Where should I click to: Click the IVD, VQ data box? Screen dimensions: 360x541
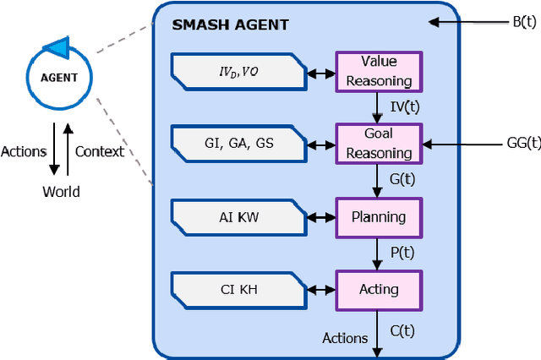click(x=238, y=72)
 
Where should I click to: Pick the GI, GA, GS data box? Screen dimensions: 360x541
click(x=238, y=144)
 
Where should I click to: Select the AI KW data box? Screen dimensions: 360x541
click(x=238, y=216)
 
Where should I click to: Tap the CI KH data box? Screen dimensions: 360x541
click(x=238, y=289)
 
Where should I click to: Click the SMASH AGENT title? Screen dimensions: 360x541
click(x=230, y=25)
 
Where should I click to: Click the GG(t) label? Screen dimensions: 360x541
click(x=521, y=144)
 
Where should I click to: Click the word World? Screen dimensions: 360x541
click(x=61, y=192)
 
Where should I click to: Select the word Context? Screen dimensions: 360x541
click(x=100, y=151)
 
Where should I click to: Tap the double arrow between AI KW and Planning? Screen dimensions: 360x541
click(x=320, y=216)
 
